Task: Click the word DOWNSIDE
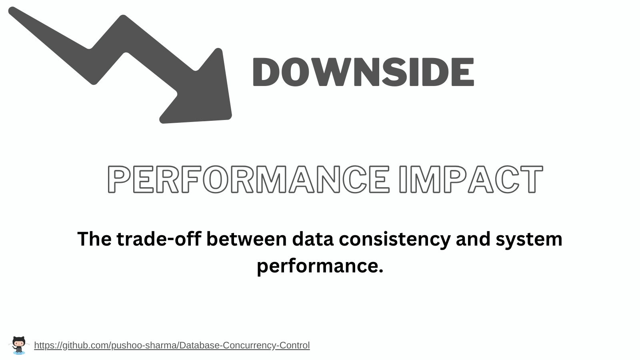363,72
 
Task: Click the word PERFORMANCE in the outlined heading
248,180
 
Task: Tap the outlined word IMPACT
471,180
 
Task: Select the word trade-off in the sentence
159,239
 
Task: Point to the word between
246,239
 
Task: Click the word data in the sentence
312,239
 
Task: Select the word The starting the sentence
94,239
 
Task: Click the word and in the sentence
473,239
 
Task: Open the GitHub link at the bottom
172,346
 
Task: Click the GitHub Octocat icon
19,346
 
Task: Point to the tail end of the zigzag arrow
12,10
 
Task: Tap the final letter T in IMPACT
532,180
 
